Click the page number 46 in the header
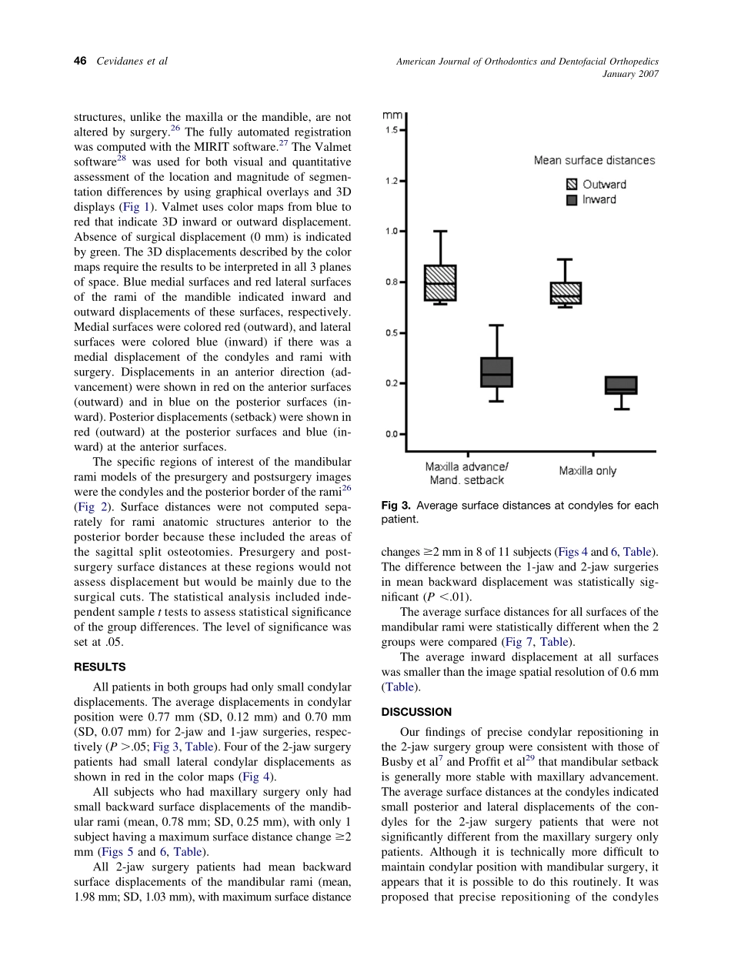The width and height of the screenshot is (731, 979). pos(80,61)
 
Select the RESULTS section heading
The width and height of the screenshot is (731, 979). pos(99,667)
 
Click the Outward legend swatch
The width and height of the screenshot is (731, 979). pos(572,185)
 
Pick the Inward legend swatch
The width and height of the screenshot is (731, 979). pos(572,200)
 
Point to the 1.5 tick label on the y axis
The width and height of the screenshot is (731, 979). pos(392,130)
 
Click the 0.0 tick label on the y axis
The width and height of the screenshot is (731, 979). pos(392,434)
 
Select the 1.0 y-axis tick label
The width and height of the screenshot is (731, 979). pos(392,231)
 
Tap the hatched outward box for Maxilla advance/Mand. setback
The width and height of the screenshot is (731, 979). pos(440,282)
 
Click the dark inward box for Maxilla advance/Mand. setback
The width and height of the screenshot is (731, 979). pos(496,372)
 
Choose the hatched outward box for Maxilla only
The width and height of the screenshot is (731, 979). pos(566,292)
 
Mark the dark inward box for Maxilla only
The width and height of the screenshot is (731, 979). pos(621,385)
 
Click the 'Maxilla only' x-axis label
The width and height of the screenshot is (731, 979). pos(587,471)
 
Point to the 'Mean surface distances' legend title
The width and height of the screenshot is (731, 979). pos(594,161)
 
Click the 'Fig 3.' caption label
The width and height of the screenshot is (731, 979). pos(396,506)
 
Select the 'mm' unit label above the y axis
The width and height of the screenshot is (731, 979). pos(392,116)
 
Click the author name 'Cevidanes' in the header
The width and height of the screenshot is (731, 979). pos(119,61)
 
